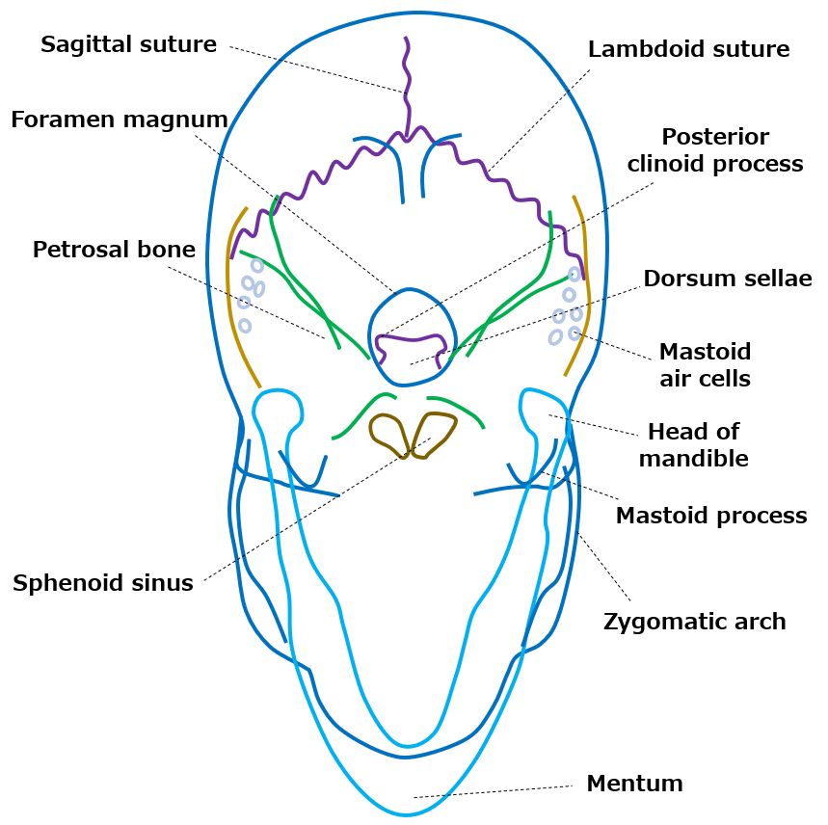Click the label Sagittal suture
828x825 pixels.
[x=128, y=45]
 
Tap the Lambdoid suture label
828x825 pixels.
[x=688, y=49]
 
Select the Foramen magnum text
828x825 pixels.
[x=120, y=120]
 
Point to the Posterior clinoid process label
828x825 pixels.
[x=714, y=150]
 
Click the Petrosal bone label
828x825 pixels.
[x=114, y=251]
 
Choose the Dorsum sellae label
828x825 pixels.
[x=728, y=279]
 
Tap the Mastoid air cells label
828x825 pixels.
[x=705, y=364]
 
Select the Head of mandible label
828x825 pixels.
[x=693, y=444]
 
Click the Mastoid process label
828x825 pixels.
[x=710, y=516]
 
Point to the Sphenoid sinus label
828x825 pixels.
[x=103, y=583]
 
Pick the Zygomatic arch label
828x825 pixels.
[x=694, y=622]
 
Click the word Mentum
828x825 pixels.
[x=634, y=784]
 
